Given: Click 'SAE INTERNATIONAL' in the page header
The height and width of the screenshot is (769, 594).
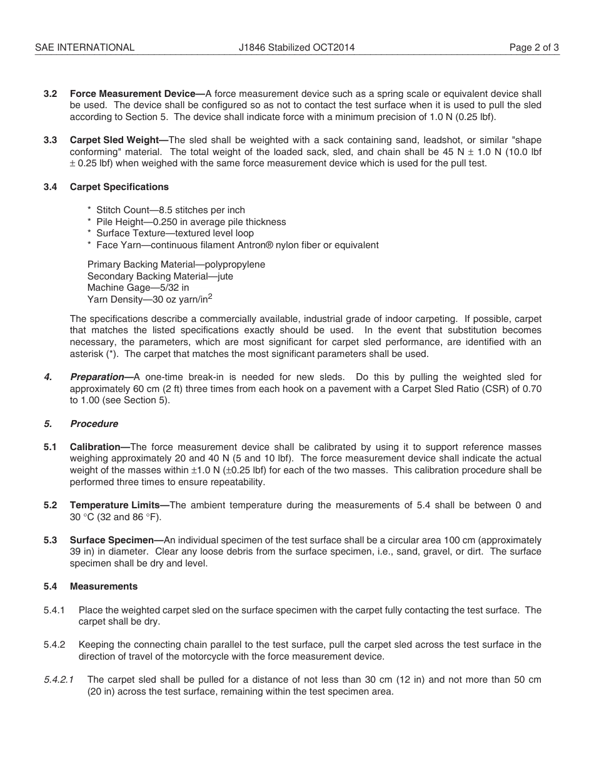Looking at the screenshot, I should point(84,48).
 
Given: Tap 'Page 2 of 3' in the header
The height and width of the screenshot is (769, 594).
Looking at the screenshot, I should point(534,48).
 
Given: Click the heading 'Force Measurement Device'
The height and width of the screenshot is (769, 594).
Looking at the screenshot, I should point(132,94).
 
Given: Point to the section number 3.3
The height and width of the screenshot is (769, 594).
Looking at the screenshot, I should point(51,140).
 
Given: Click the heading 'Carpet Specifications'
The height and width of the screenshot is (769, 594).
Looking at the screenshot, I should point(119,187).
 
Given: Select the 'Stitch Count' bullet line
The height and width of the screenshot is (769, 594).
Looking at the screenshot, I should point(166,210).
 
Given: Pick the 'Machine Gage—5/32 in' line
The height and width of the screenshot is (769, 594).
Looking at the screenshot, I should point(138,288).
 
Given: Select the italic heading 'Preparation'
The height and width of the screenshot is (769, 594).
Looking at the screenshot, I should point(97,377).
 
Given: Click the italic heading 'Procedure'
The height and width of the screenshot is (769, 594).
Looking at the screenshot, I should point(94,424).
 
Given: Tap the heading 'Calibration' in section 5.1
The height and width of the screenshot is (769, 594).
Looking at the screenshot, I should point(94,447).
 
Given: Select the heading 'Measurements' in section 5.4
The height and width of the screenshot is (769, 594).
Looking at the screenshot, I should point(104,586).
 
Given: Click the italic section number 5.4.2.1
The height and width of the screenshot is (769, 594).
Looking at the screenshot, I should point(59,680).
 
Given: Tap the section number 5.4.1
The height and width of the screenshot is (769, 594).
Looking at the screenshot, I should point(54,610).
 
